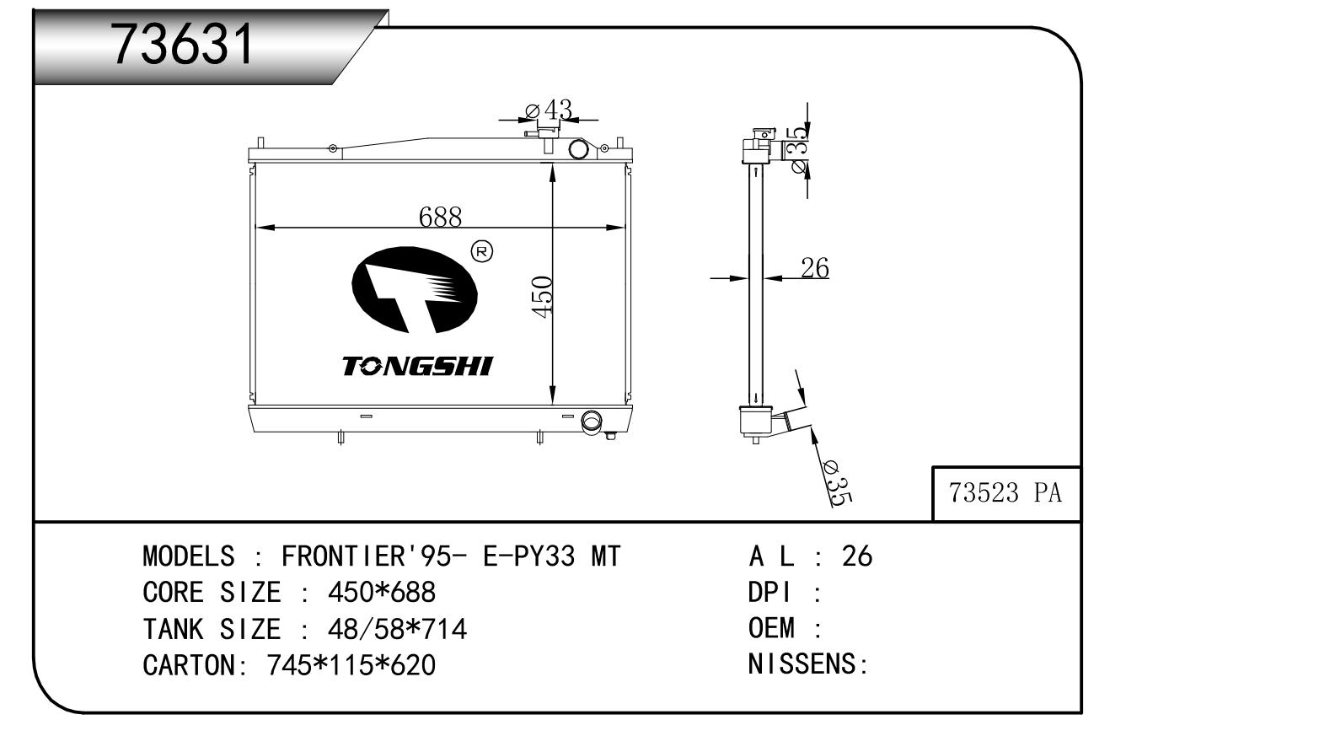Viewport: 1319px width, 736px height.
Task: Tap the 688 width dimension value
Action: click(x=440, y=217)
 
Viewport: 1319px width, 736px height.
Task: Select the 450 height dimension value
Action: click(x=542, y=297)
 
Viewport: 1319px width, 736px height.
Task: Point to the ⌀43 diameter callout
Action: click(x=549, y=110)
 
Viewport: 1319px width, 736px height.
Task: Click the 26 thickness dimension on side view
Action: click(x=815, y=268)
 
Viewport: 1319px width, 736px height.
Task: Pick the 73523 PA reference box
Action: click(x=1006, y=493)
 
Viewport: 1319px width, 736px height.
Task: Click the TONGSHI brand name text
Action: click(x=417, y=366)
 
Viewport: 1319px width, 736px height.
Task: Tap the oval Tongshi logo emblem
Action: click(x=415, y=290)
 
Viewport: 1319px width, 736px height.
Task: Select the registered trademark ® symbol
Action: click(x=482, y=252)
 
